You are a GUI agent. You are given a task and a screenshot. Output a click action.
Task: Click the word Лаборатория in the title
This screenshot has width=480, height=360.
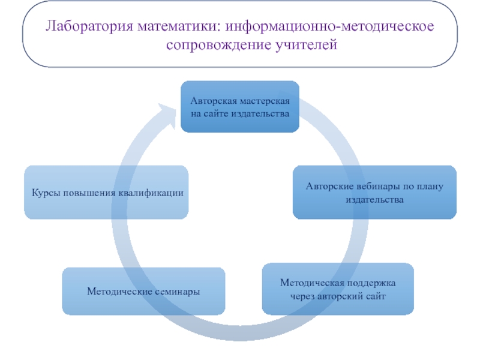(89, 26)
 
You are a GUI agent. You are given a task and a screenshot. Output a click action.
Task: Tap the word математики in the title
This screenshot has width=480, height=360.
(179, 26)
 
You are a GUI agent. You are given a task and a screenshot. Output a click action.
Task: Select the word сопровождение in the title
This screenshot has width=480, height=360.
(219, 44)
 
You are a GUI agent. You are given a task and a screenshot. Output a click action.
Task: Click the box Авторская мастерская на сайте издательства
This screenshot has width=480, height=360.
(240, 107)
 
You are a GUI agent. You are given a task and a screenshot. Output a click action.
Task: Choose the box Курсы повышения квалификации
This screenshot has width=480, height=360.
(106, 192)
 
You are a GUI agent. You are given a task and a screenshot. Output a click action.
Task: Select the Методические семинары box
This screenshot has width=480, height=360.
(143, 291)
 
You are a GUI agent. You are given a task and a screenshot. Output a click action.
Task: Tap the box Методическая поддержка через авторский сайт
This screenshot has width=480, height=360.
(338, 289)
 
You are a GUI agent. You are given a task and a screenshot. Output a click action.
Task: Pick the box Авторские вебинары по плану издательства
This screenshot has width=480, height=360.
(374, 192)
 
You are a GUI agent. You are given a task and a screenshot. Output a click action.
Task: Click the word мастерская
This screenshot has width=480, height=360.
(265, 101)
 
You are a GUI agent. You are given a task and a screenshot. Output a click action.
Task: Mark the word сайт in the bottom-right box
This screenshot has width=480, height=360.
(376, 296)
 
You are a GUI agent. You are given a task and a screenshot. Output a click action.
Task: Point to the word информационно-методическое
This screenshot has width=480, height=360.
(329, 26)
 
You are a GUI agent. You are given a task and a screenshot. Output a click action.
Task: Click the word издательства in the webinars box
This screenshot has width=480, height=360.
(374, 200)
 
